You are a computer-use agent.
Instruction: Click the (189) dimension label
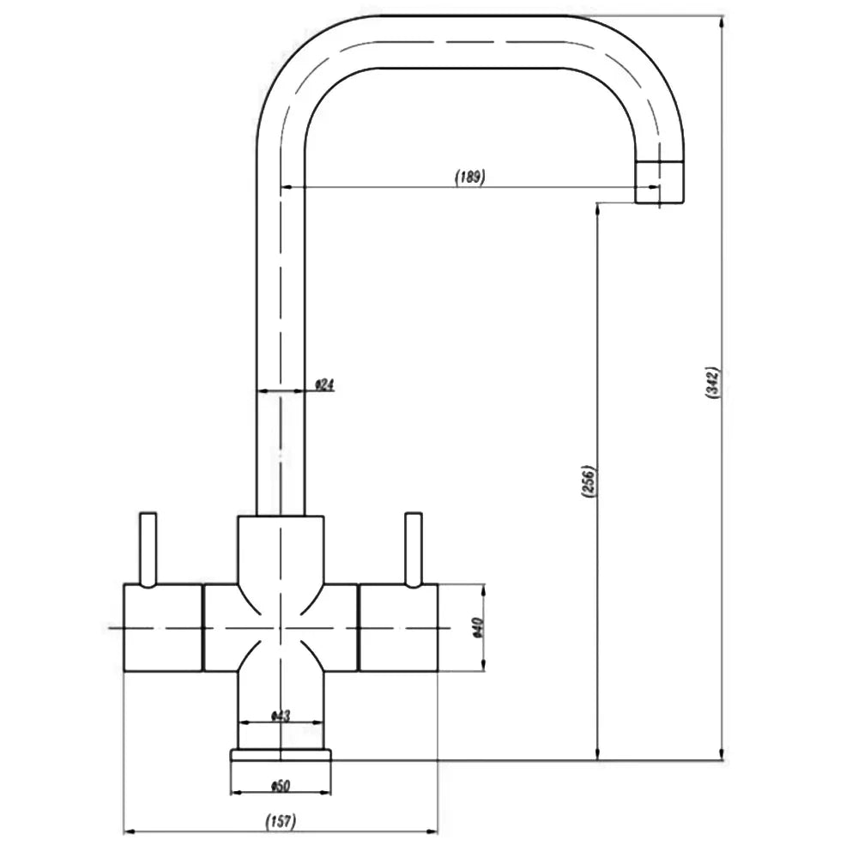coord(470,178)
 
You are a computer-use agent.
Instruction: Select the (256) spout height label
coord(589,481)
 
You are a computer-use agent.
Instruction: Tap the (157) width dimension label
coord(281,821)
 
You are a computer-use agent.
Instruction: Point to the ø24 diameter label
coord(324,385)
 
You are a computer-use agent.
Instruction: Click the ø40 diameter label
coord(477,628)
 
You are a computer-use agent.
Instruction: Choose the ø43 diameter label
coord(281,716)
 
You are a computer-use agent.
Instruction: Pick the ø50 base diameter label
coord(281,786)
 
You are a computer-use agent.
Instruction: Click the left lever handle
coord(148,550)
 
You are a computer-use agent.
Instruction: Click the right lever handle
coord(414,550)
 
